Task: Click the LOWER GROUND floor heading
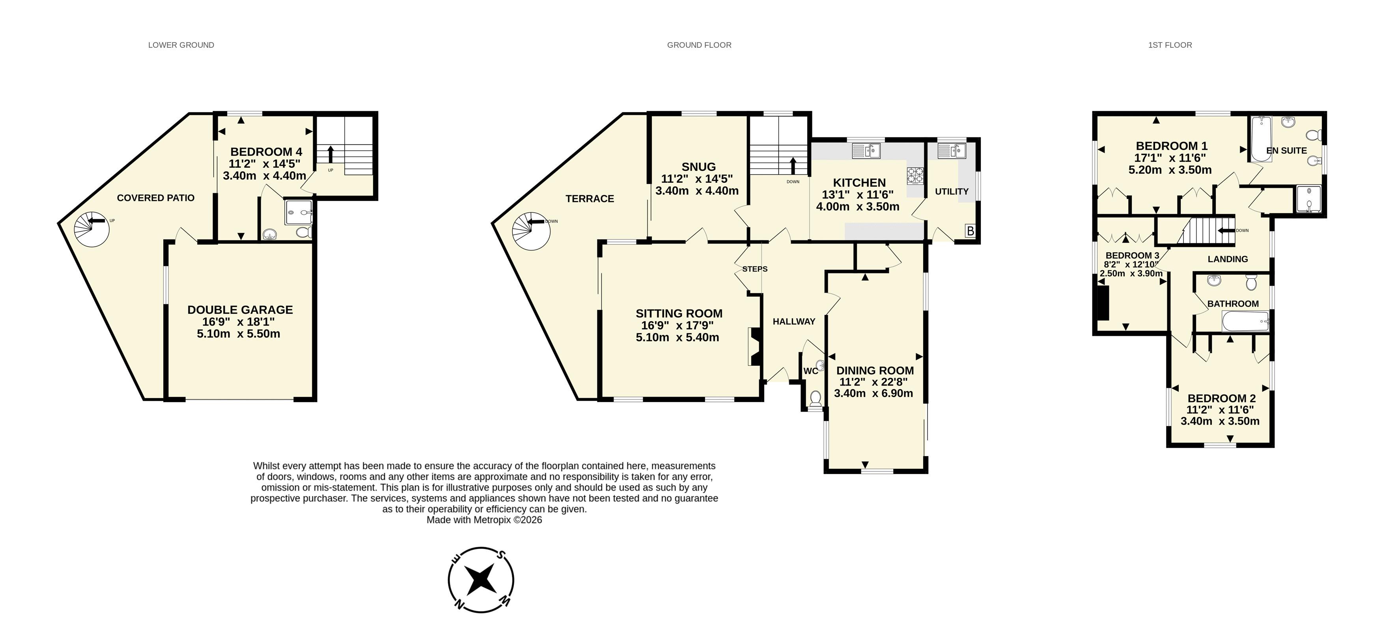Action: click(181, 45)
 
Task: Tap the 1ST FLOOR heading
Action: click(1170, 45)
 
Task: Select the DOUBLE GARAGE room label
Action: click(240, 310)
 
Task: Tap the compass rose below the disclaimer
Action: click(481, 580)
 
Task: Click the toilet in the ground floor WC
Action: click(816, 399)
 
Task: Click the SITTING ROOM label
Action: click(679, 314)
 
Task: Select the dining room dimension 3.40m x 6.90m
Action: click(873, 393)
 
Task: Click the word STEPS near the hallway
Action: click(755, 269)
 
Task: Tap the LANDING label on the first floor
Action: click(1228, 259)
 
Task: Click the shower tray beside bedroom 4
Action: click(299, 213)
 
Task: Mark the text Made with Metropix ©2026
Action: click(484, 520)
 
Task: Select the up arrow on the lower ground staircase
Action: click(330, 154)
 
